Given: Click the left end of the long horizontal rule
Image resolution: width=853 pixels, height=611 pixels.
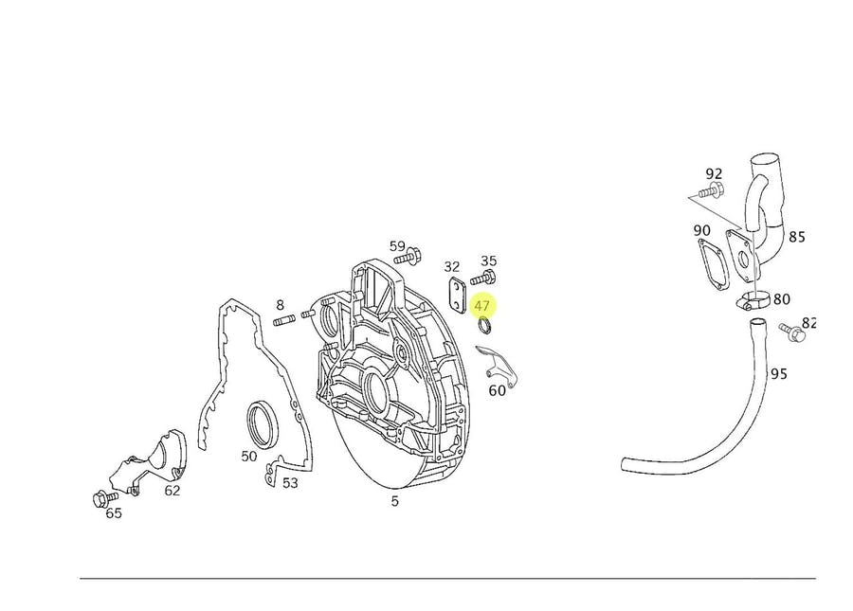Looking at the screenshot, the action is click(x=80, y=579).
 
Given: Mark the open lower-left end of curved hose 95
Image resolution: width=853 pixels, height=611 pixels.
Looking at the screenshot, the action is click(x=625, y=465).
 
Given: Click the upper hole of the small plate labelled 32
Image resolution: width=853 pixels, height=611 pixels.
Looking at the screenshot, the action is click(x=455, y=285).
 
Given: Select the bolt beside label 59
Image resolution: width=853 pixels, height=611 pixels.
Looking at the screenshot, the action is click(x=407, y=256).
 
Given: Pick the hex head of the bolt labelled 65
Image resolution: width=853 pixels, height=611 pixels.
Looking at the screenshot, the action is click(x=99, y=498).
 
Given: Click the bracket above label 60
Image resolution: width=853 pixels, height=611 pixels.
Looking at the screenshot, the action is click(x=496, y=364).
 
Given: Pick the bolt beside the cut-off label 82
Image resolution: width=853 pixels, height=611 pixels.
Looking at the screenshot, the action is click(x=792, y=332).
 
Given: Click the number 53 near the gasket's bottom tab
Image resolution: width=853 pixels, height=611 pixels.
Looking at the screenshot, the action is click(x=290, y=483).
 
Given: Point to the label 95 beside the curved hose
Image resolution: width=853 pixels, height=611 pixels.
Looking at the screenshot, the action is click(x=778, y=374).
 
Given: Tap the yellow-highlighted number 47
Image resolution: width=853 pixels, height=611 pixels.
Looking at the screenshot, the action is click(x=482, y=306).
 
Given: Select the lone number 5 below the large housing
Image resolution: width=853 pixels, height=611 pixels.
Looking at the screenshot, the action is click(x=394, y=501).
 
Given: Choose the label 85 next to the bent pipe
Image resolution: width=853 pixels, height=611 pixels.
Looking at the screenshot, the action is click(x=796, y=237).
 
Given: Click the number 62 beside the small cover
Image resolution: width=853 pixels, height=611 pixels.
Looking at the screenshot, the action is click(x=172, y=491).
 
